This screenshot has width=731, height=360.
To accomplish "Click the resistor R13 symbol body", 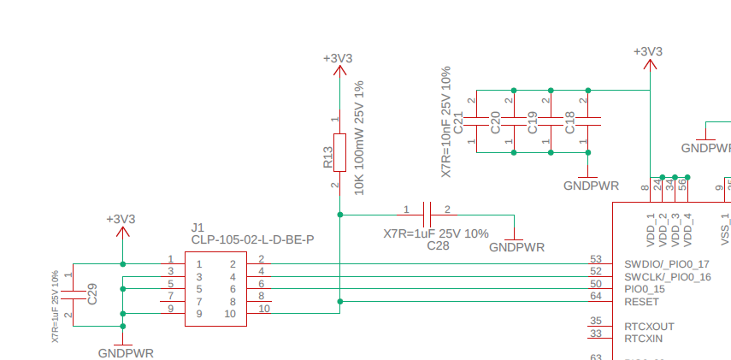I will pyautogui.click(x=339, y=151).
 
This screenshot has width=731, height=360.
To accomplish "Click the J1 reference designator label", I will pyautogui.click(x=197, y=227).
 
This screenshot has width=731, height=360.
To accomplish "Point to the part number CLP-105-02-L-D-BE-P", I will pyautogui.click(x=252, y=239).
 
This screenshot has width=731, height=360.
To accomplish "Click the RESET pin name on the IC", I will pyautogui.click(x=642, y=302).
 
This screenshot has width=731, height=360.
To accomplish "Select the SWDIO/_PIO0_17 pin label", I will pyautogui.click(x=667, y=264).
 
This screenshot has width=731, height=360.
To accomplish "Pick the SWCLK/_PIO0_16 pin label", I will pyautogui.click(x=667, y=277).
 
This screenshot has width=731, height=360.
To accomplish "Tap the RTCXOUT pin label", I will pyautogui.click(x=649, y=327).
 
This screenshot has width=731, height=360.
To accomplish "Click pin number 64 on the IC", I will pyautogui.click(x=596, y=296).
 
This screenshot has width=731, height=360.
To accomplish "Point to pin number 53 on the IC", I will pyautogui.click(x=596, y=258).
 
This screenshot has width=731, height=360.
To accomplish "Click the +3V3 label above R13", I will pyautogui.click(x=338, y=58).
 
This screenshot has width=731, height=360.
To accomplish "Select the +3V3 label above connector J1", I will pyautogui.click(x=121, y=219).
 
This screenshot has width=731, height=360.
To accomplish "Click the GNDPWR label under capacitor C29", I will pyautogui.click(x=126, y=352).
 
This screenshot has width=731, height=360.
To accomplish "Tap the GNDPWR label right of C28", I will pyautogui.click(x=516, y=247).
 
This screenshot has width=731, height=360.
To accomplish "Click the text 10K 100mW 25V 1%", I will pyautogui.click(x=359, y=138).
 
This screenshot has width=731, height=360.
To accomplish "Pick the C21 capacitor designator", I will pyautogui.click(x=458, y=121).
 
